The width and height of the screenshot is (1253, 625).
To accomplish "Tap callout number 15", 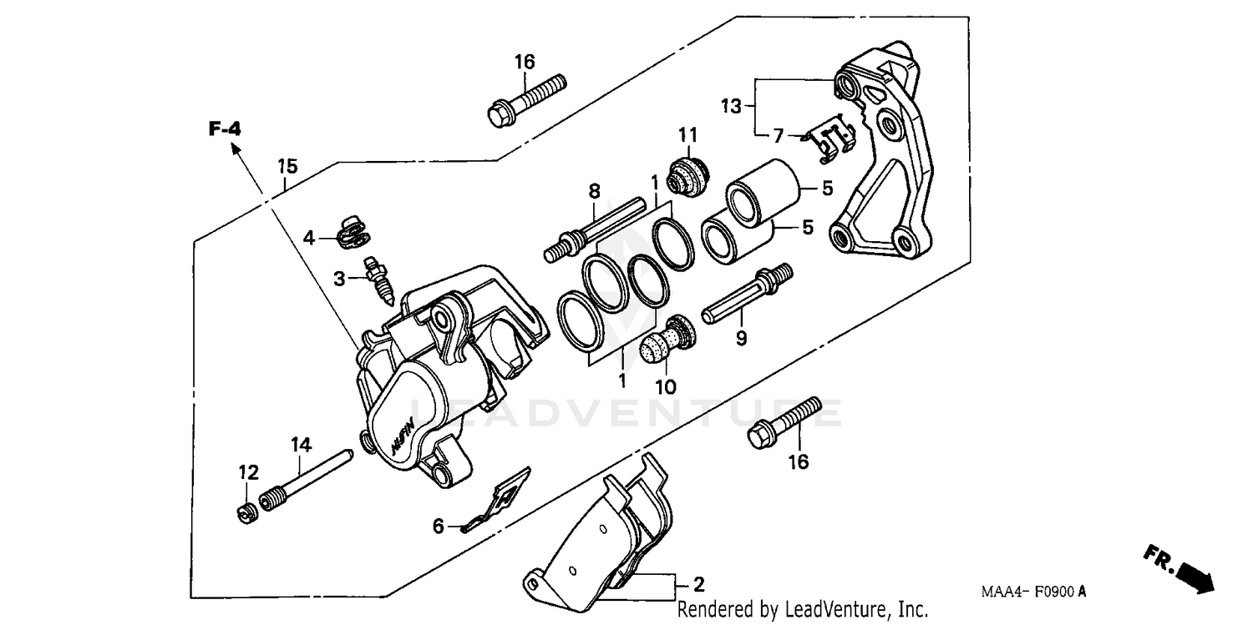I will pos(287,166).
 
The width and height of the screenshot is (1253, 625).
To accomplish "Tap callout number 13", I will pos(731,106).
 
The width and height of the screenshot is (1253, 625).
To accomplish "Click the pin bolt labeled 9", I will pos(746,297).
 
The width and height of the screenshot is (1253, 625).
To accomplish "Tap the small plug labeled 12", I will pos(245,510).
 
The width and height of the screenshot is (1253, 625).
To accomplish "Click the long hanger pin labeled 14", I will pos(309,481).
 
